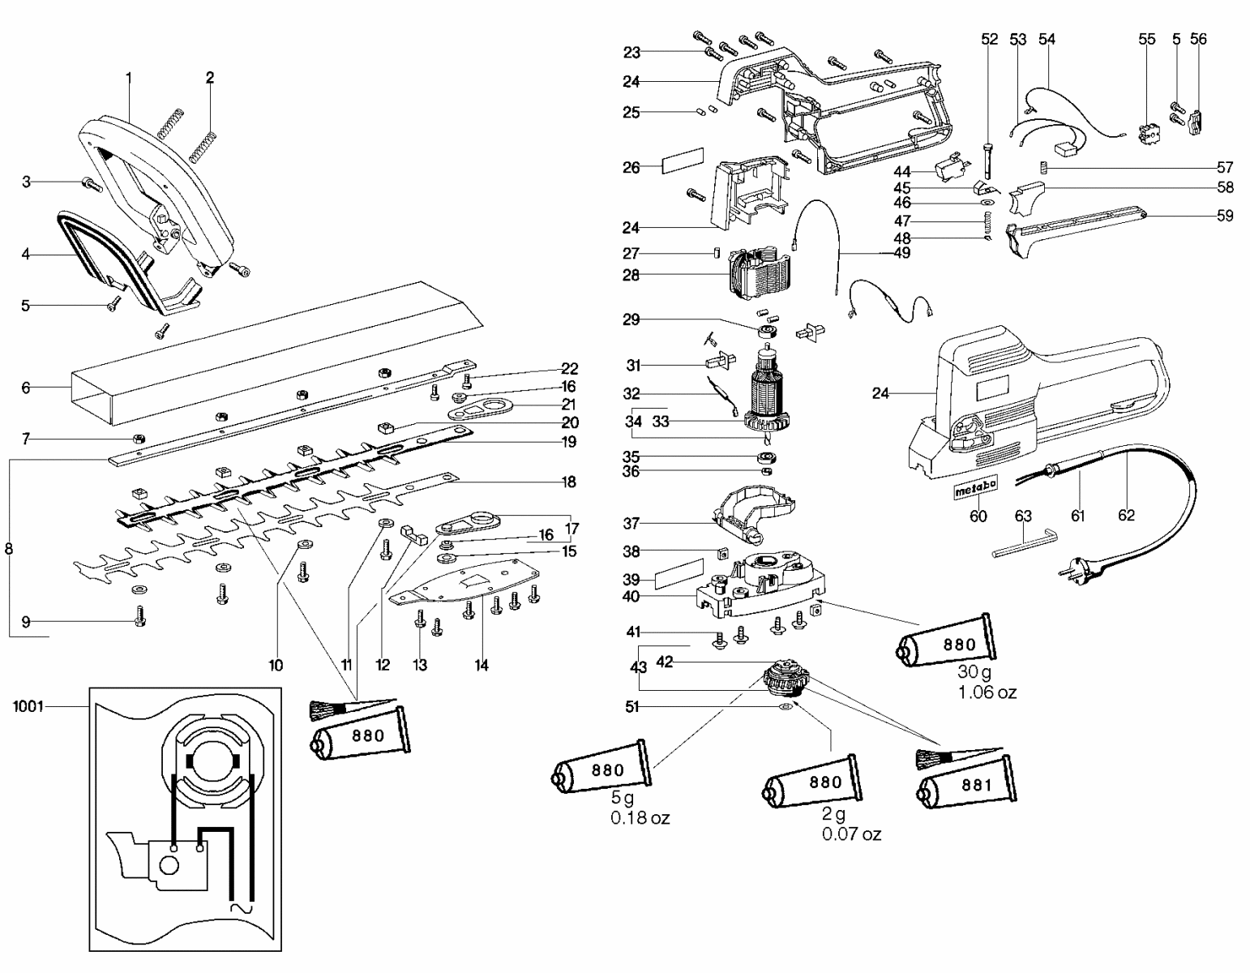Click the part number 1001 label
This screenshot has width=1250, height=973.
click(28, 706)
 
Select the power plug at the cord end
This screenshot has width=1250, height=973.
click(1078, 571)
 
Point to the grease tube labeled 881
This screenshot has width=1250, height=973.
click(967, 786)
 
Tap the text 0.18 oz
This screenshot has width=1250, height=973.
click(640, 817)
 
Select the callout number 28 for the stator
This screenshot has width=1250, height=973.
click(631, 276)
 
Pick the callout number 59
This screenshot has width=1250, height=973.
click(1225, 216)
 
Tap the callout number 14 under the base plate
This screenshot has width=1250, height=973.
click(482, 666)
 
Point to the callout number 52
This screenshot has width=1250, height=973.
click(989, 39)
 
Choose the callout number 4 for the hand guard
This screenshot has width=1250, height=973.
click(26, 254)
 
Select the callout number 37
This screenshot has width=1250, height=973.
click(631, 522)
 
